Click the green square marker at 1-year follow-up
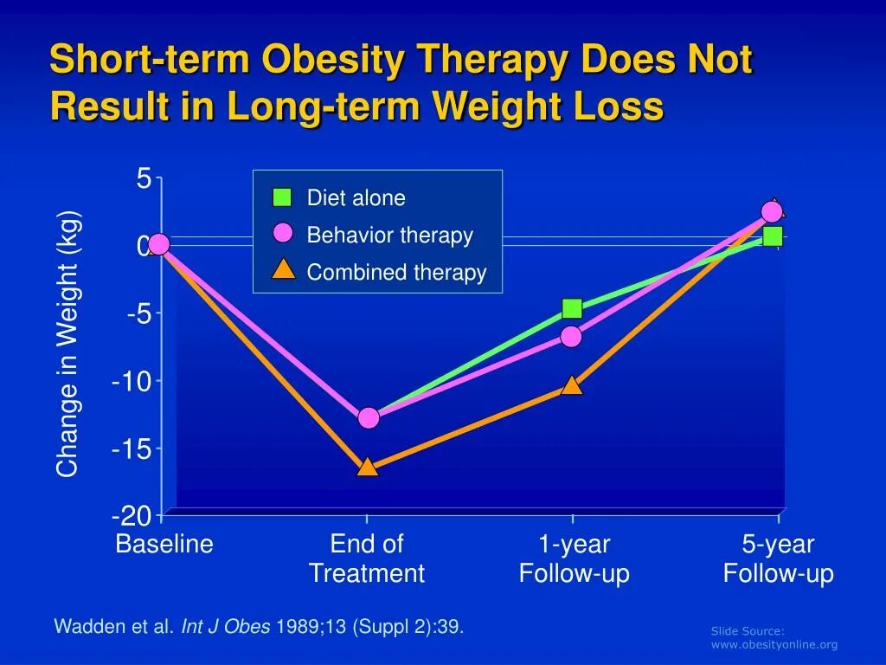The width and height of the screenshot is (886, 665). point(572,308)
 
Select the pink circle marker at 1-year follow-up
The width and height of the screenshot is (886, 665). point(571,336)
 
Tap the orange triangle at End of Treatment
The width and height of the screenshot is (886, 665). point(368,468)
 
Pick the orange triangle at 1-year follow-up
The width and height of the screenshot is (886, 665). point(572,385)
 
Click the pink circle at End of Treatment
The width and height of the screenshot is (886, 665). point(369,418)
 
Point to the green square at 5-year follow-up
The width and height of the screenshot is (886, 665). point(773,236)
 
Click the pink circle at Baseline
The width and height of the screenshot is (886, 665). point(158,245)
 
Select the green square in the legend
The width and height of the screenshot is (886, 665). point(282,197)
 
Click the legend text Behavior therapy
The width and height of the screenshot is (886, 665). point(389,236)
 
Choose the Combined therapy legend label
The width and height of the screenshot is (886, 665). point(396,273)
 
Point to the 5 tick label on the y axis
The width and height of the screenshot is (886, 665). point(143,179)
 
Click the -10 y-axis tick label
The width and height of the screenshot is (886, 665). point(131,381)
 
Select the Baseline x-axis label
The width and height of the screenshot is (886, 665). point(164,545)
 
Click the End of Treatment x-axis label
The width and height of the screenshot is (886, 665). point(367,558)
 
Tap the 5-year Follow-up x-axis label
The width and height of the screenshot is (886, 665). point(778,558)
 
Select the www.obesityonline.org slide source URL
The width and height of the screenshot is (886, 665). point(774,644)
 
